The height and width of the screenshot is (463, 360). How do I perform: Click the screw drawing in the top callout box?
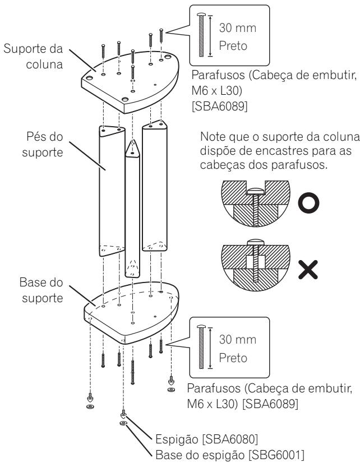[x=202, y=34]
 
